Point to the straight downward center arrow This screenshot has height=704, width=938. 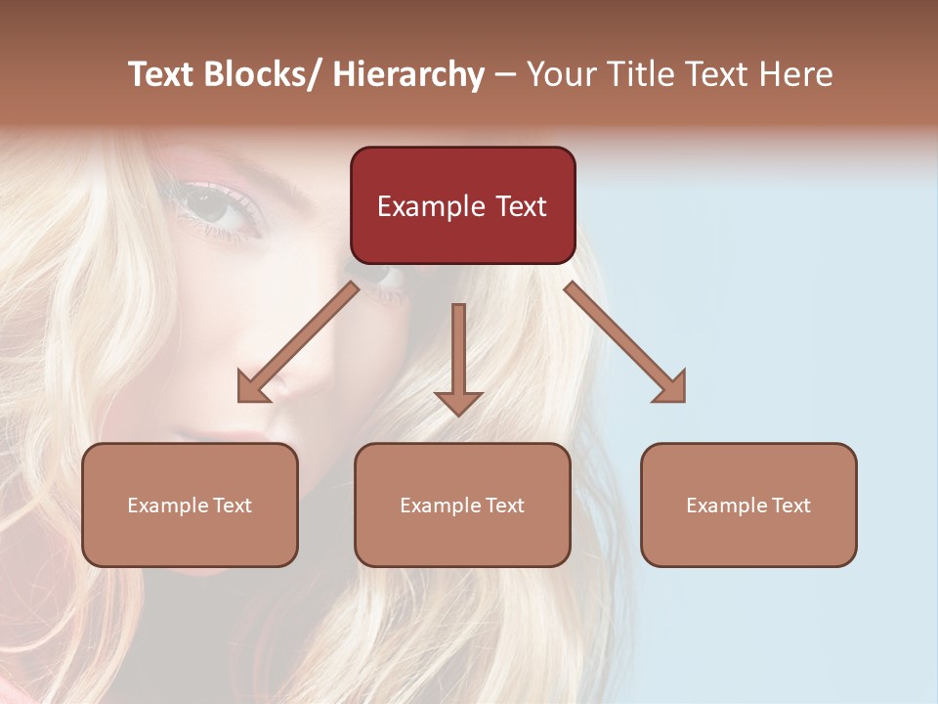point(458,352)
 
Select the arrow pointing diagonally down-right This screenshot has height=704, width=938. point(625,342)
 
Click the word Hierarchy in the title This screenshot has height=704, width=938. point(408,74)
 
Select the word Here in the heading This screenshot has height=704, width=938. point(793,74)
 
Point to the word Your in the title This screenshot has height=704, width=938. point(560,74)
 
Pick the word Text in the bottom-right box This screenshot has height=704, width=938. point(789,506)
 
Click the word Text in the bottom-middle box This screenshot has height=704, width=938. point(502,506)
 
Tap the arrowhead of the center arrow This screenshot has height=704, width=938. point(458,402)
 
